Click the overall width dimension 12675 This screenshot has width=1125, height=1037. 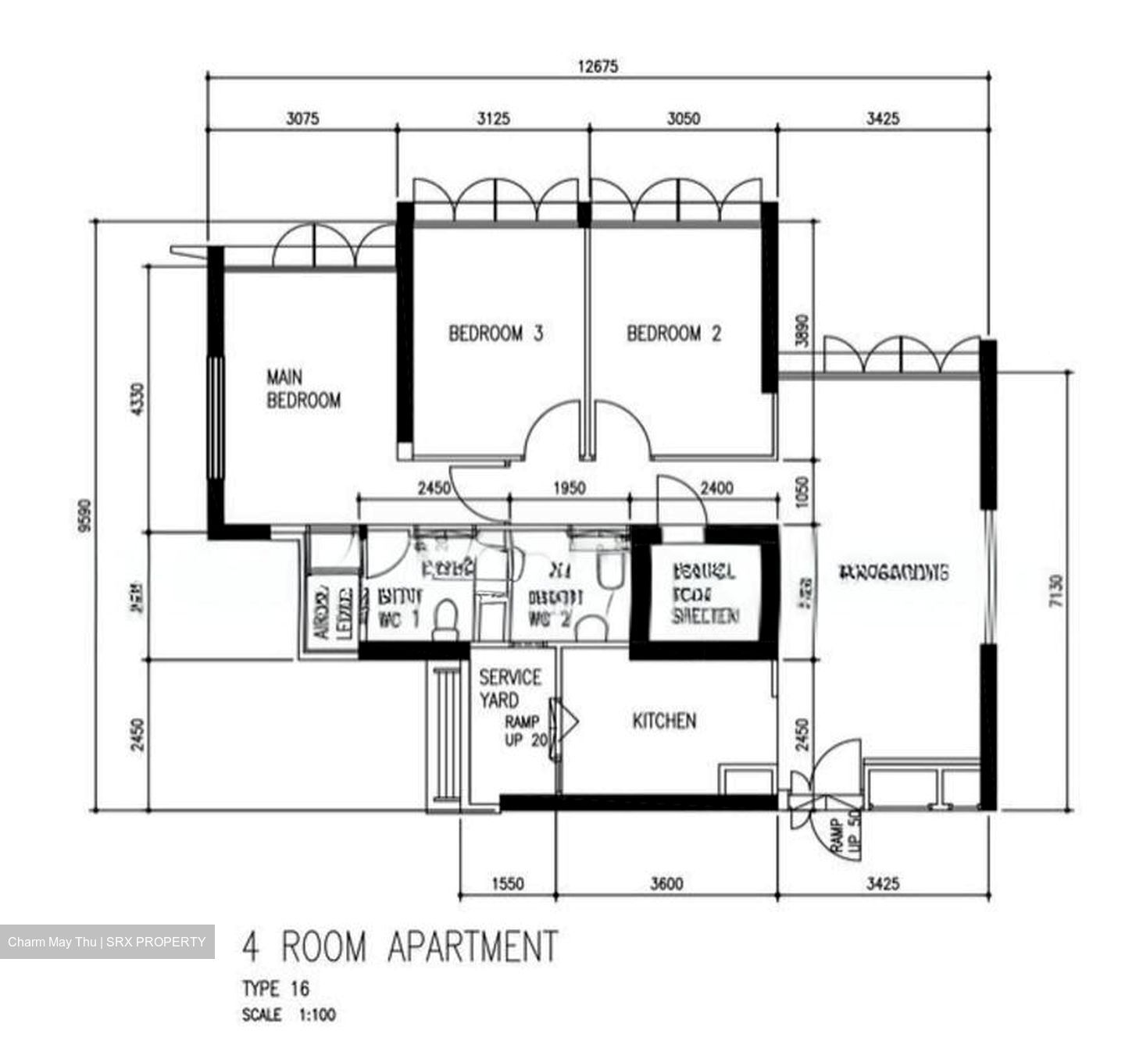pos(598,66)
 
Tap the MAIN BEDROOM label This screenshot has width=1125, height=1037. pos(303,389)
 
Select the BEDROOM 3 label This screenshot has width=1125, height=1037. pos(495,333)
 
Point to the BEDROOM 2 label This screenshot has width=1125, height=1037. pos(674,333)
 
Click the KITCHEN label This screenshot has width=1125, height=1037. pos(664,721)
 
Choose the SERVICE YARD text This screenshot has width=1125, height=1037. pos(509,688)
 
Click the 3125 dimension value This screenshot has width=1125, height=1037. pos(493,119)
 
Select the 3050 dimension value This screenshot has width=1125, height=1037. pos(683,119)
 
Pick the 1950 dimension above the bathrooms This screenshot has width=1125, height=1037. pos(569,488)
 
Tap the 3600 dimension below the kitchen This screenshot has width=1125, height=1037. pos(666,884)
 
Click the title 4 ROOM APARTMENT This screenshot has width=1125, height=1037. pos(400,946)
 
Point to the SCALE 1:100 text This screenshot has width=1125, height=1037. pos(288,1016)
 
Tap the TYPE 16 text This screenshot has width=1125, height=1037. pos(275,989)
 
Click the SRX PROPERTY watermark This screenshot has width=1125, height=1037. pos(106,942)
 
